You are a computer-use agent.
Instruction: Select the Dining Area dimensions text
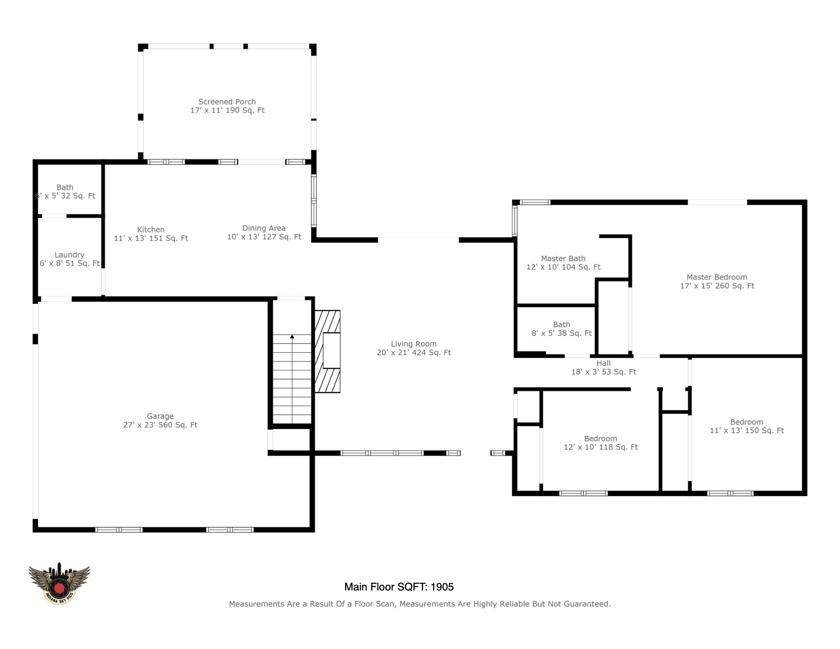point(264,237)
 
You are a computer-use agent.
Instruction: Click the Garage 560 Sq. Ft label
point(160,420)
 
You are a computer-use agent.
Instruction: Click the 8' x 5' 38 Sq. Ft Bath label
point(562,329)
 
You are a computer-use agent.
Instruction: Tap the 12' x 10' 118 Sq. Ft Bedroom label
point(601,443)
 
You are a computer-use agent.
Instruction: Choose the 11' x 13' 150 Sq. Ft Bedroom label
point(746,426)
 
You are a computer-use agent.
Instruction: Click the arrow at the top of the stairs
point(292,337)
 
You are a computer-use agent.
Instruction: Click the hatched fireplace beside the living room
point(328,351)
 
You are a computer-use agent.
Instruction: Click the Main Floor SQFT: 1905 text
point(399,587)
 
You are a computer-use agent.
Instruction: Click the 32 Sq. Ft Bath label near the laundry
point(65,191)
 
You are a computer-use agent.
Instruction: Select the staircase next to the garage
point(292,379)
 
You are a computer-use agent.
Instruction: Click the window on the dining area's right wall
point(314,201)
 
